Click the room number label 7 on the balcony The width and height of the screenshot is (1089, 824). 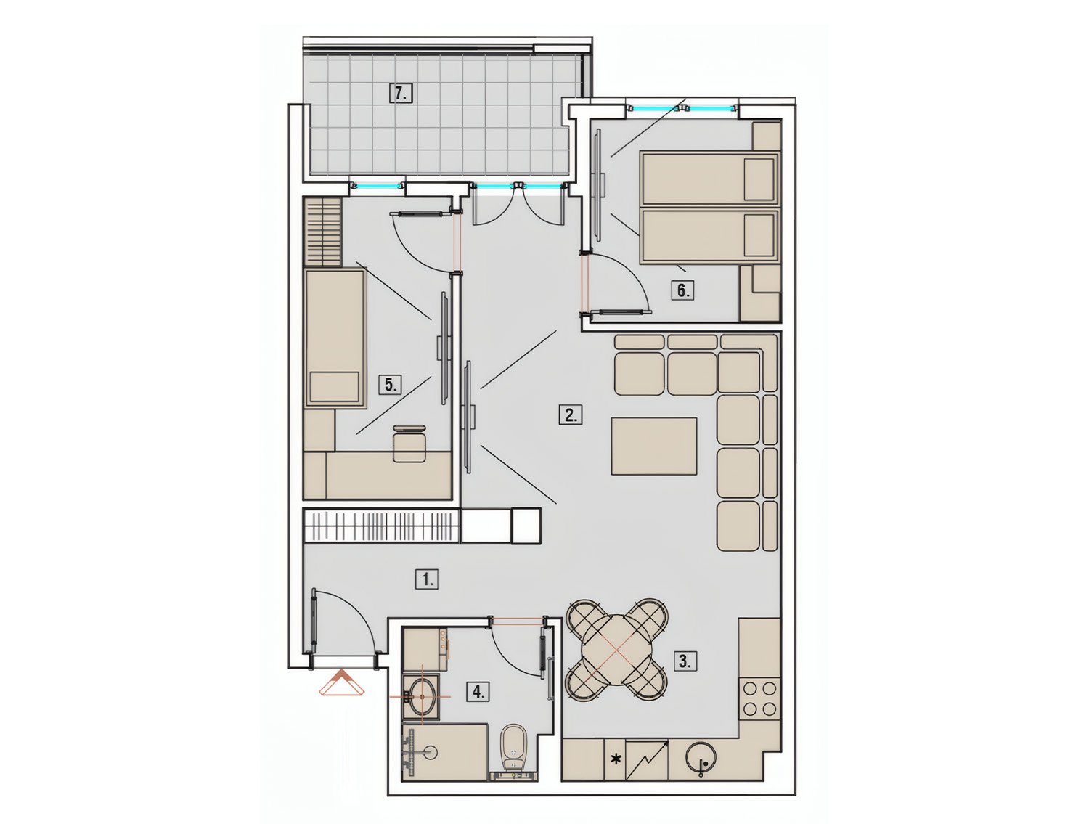tap(400, 93)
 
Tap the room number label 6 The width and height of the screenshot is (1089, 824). tap(682, 290)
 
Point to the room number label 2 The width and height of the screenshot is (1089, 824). tap(571, 415)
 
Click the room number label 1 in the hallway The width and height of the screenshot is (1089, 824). tap(427, 579)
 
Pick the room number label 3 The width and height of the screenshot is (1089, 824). tap(685, 661)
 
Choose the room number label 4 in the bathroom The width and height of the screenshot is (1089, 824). tap(478, 691)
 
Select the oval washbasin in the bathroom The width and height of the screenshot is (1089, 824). tap(423, 696)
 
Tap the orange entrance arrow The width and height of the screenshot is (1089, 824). tap(341, 683)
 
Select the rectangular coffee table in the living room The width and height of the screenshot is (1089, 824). tap(654, 446)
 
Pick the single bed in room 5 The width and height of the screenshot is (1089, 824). tap(335, 338)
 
